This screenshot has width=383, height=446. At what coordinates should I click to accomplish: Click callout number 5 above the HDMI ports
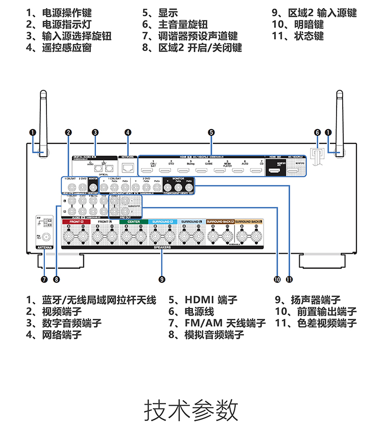211,132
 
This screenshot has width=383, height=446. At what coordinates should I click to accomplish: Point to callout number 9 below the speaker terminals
162,279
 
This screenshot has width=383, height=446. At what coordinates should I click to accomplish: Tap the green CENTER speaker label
133,222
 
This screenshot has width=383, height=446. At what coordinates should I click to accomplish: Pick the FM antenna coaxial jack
46,237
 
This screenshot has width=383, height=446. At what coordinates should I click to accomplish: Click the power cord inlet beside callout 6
317,156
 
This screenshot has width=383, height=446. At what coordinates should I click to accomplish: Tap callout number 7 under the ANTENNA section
44,279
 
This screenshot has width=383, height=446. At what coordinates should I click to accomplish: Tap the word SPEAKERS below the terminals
162,247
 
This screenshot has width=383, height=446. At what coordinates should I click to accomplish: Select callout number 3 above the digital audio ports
95,132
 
